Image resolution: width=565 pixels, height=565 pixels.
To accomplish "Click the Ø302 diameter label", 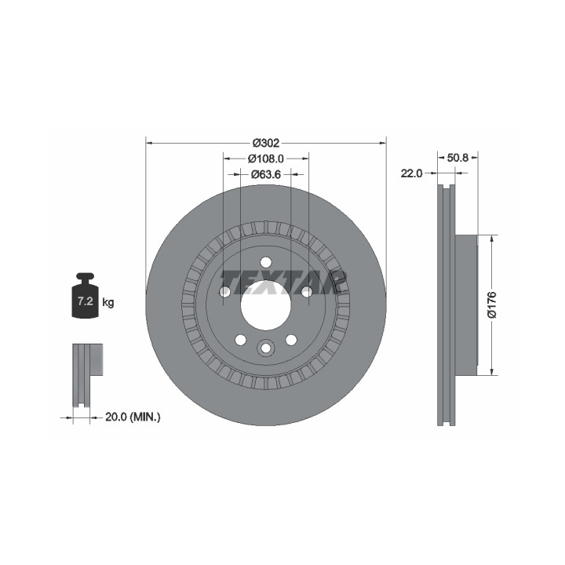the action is (266, 143).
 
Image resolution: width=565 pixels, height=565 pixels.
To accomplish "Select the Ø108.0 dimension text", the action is (266, 159).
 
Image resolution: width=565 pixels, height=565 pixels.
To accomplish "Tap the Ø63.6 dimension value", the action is (266, 174).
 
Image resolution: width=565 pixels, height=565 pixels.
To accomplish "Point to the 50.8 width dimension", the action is (457, 158).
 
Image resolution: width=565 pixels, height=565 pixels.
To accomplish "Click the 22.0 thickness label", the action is (411, 173).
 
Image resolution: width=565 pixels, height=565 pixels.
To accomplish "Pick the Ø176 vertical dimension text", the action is (492, 304).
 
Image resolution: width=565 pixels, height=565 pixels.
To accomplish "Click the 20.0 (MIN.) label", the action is (133, 417).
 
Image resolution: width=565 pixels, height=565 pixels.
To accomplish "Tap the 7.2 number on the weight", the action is (86, 301).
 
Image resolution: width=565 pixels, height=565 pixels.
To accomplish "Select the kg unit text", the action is (108, 302).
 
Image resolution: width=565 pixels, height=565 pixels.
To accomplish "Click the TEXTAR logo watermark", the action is (283, 282).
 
